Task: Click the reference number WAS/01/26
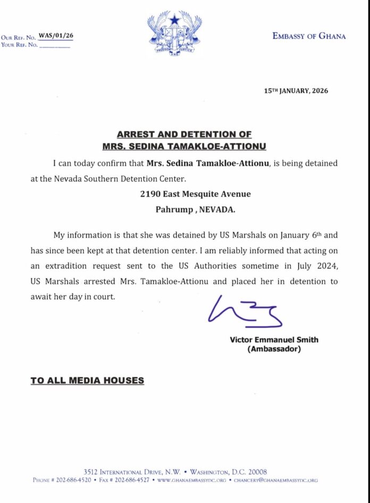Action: click(56, 36)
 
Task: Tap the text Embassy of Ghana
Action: click(309, 36)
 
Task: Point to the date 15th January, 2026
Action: click(296, 91)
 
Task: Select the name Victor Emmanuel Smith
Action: click(274, 340)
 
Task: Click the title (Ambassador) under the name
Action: click(274, 349)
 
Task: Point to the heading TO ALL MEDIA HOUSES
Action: click(87, 380)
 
